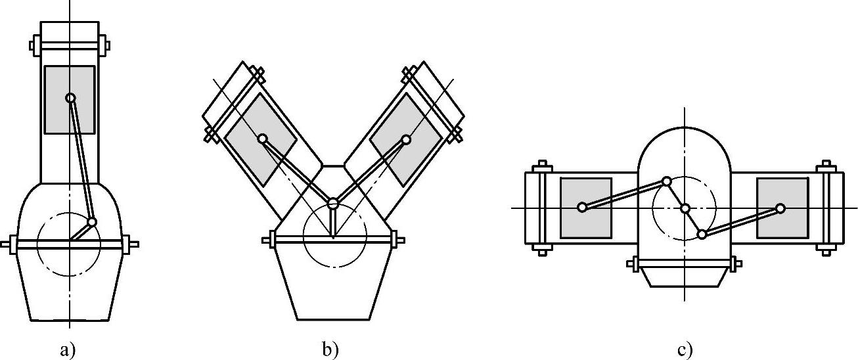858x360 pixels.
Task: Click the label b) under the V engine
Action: [330, 350]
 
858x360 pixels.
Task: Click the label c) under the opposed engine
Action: [685, 350]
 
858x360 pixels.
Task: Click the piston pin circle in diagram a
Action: [70, 98]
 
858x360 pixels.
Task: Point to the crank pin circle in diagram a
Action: [92, 222]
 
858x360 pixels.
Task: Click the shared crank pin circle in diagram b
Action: [333, 203]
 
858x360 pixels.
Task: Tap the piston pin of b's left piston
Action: [262, 139]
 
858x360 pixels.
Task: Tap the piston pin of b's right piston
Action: [406, 139]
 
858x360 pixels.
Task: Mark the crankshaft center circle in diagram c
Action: [685, 209]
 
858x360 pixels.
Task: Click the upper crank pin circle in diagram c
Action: [667, 181]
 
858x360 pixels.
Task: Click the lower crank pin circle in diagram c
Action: [702, 234]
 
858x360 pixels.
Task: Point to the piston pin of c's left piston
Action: [582, 208]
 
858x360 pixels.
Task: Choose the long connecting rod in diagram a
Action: [81, 160]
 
